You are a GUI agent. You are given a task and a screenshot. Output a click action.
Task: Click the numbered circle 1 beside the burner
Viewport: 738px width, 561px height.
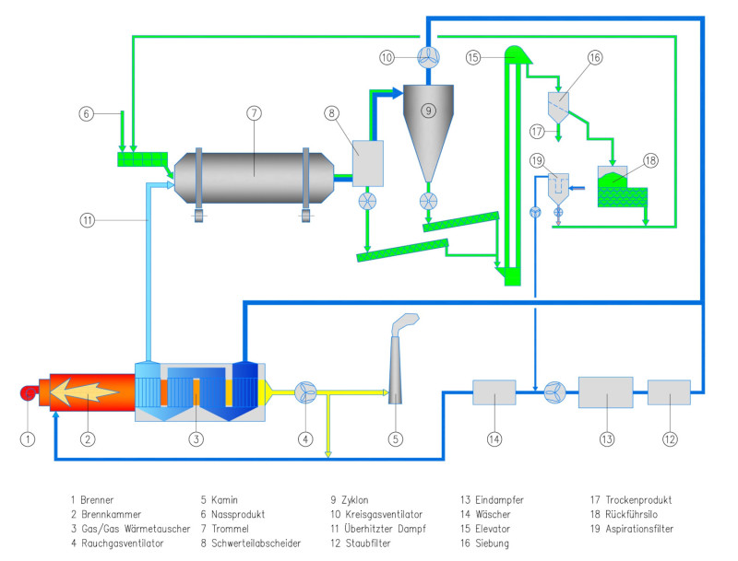(28, 438)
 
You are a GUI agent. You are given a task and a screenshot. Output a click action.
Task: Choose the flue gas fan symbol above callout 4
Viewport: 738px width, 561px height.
(305, 392)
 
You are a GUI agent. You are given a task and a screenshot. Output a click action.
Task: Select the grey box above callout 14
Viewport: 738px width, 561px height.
(494, 392)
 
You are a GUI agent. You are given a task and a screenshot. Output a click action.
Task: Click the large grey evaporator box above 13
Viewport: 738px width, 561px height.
(605, 392)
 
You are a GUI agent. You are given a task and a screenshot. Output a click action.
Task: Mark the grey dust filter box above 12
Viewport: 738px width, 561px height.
(669, 392)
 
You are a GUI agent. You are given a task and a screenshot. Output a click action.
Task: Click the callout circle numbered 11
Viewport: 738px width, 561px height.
(86, 221)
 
